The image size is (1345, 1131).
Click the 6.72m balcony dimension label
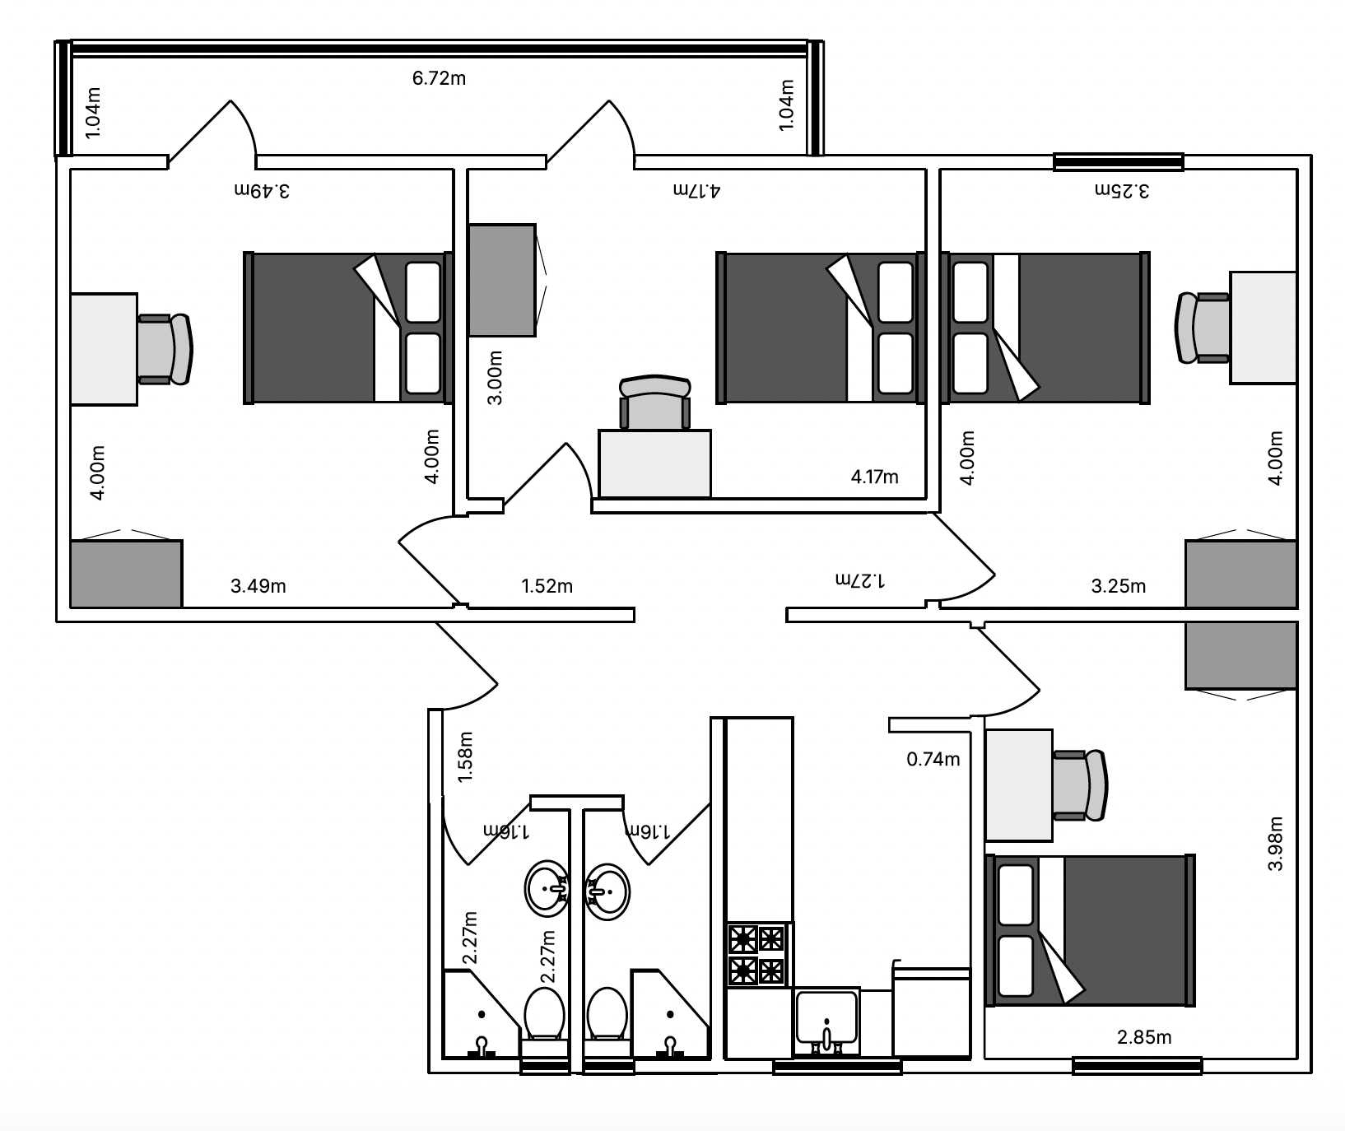[439, 78]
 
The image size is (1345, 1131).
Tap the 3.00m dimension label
[496, 378]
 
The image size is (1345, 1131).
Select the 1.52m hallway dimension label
[547, 586]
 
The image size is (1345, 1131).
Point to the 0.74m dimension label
[933, 759]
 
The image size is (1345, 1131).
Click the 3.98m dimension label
[1275, 844]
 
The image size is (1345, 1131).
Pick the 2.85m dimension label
[1144, 1037]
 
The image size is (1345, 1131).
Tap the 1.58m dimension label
[465, 756]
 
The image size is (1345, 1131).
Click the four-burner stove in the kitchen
[756, 955]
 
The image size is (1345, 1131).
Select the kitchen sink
[826, 1022]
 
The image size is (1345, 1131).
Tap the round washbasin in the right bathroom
[607, 891]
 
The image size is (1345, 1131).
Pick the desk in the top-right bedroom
[1264, 328]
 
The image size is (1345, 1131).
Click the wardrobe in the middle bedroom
[502, 280]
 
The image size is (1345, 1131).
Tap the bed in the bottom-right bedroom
[1090, 930]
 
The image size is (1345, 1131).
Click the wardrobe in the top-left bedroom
[126, 574]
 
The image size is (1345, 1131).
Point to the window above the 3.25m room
[1119, 162]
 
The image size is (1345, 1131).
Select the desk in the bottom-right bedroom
[1019, 785]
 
